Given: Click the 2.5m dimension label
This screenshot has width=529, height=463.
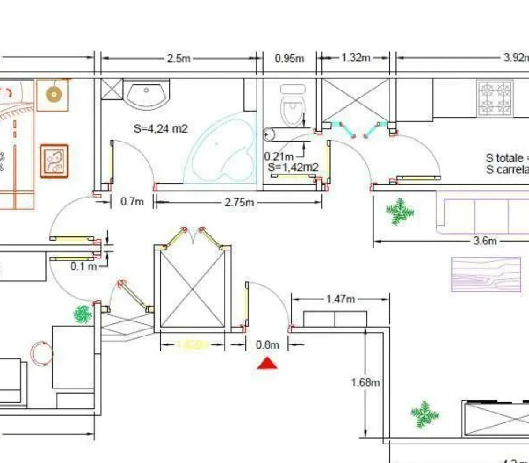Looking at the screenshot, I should pos(179,58).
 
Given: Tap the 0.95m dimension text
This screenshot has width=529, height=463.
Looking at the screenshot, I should pos(289,58).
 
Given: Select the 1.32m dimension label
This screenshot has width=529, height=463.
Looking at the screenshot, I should pos(355,58).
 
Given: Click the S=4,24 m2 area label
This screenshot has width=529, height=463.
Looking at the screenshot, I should pos(160,129).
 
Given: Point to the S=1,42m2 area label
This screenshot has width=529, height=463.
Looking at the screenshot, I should pos(293,167).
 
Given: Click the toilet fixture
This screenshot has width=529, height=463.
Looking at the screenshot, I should pos(292,106).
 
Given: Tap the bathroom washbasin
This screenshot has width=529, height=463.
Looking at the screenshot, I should pos(147,93).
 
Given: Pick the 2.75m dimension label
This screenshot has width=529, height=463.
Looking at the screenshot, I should pos(239,202).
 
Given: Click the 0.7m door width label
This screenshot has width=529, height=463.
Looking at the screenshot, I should pos(132,202).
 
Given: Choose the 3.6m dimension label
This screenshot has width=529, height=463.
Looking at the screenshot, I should pos(485,241).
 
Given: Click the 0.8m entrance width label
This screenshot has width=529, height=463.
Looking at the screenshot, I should pos(268,345).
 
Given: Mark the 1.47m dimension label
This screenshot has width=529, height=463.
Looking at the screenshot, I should pos(340,299).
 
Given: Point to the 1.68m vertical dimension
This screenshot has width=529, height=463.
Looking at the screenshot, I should pos(365,382).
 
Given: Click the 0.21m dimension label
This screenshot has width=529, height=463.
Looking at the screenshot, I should pos(279,157).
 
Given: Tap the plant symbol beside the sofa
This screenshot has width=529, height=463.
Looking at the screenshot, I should pos(400,212).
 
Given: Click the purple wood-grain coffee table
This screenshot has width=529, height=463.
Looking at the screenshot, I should pos(485,275).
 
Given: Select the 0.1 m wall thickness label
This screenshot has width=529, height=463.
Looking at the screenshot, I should pos(83,266).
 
